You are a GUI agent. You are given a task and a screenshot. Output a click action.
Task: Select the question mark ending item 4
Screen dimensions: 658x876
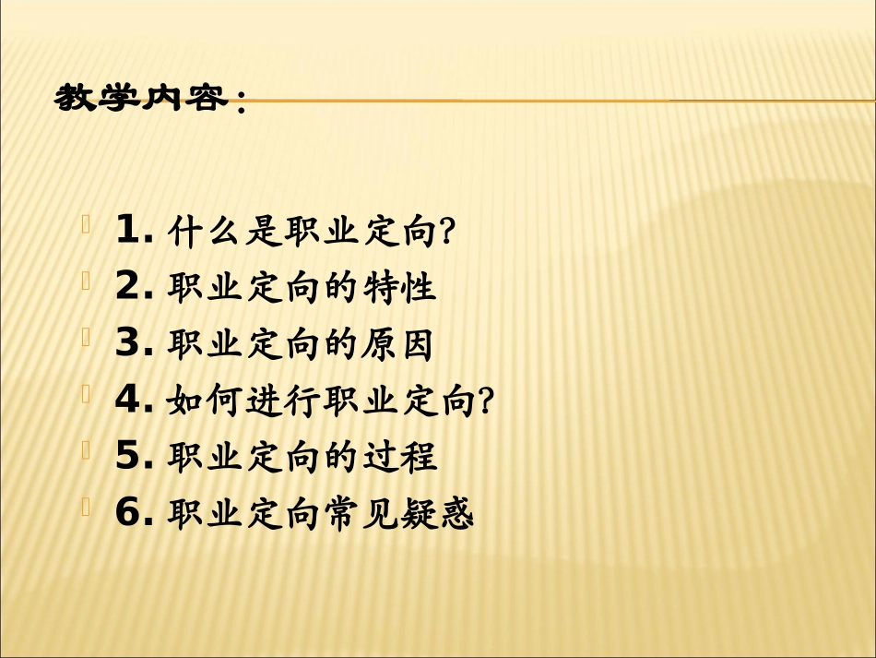pos(487,401)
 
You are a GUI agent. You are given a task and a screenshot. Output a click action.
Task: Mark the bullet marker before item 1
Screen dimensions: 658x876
pos(86,224)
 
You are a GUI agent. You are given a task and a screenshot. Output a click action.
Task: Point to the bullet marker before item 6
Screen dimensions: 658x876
pos(86,506)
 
